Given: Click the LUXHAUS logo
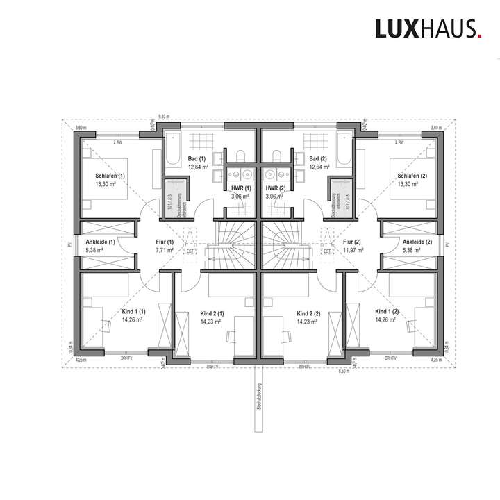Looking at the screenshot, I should click(x=426, y=28).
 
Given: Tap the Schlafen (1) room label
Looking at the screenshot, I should click(x=110, y=176).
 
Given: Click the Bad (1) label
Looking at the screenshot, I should click(x=199, y=159).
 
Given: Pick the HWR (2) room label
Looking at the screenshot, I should click(x=277, y=188).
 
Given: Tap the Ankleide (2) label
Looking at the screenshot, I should click(x=417, y=242).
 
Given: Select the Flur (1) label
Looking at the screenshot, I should click(x=164, y=242).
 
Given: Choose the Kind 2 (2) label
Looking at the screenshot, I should click(x=308, y=313).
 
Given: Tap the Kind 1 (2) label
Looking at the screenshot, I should click(x=387, y=311).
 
